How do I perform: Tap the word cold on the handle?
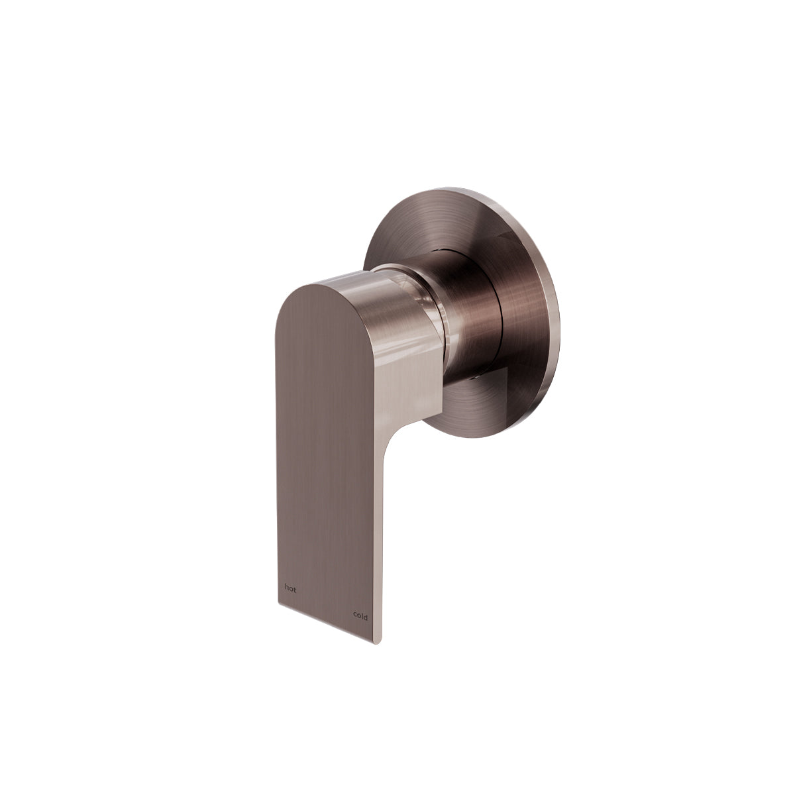(360, 615)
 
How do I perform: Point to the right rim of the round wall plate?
(555, 318)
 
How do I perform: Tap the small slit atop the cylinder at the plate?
(440, 250)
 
